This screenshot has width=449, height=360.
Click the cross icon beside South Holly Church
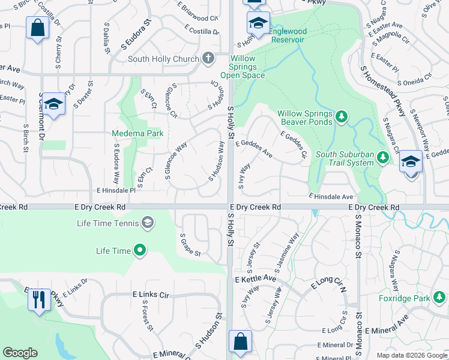click(x=208, y=58)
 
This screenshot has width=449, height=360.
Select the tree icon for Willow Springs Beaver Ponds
click(x=342, y=115)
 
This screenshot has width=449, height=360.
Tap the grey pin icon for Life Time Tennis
click(x=146, y=224)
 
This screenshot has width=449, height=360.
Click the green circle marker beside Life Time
click(x=140, y=250)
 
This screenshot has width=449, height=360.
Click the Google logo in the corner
click(x=20, y=353)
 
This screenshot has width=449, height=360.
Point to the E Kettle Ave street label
click(x=256, y=280)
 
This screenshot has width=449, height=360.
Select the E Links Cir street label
click(x=151, y=295)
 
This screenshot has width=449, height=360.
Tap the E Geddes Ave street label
click(x=254, y=149)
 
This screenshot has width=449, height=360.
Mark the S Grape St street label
click(x=190, y=244)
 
